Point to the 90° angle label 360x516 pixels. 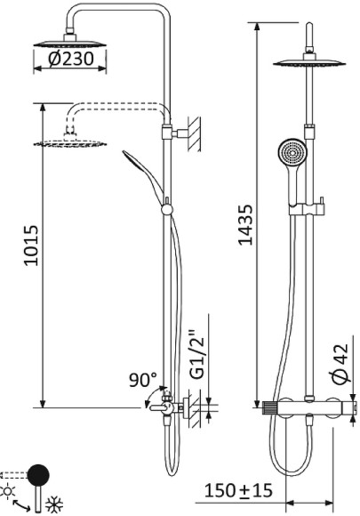pos(141,380)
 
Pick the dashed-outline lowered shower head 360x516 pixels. pos(68,142)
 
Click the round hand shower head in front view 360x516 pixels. pos(289,152)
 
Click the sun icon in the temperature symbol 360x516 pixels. pos(9,491)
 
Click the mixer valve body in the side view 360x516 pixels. pos(165,407)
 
